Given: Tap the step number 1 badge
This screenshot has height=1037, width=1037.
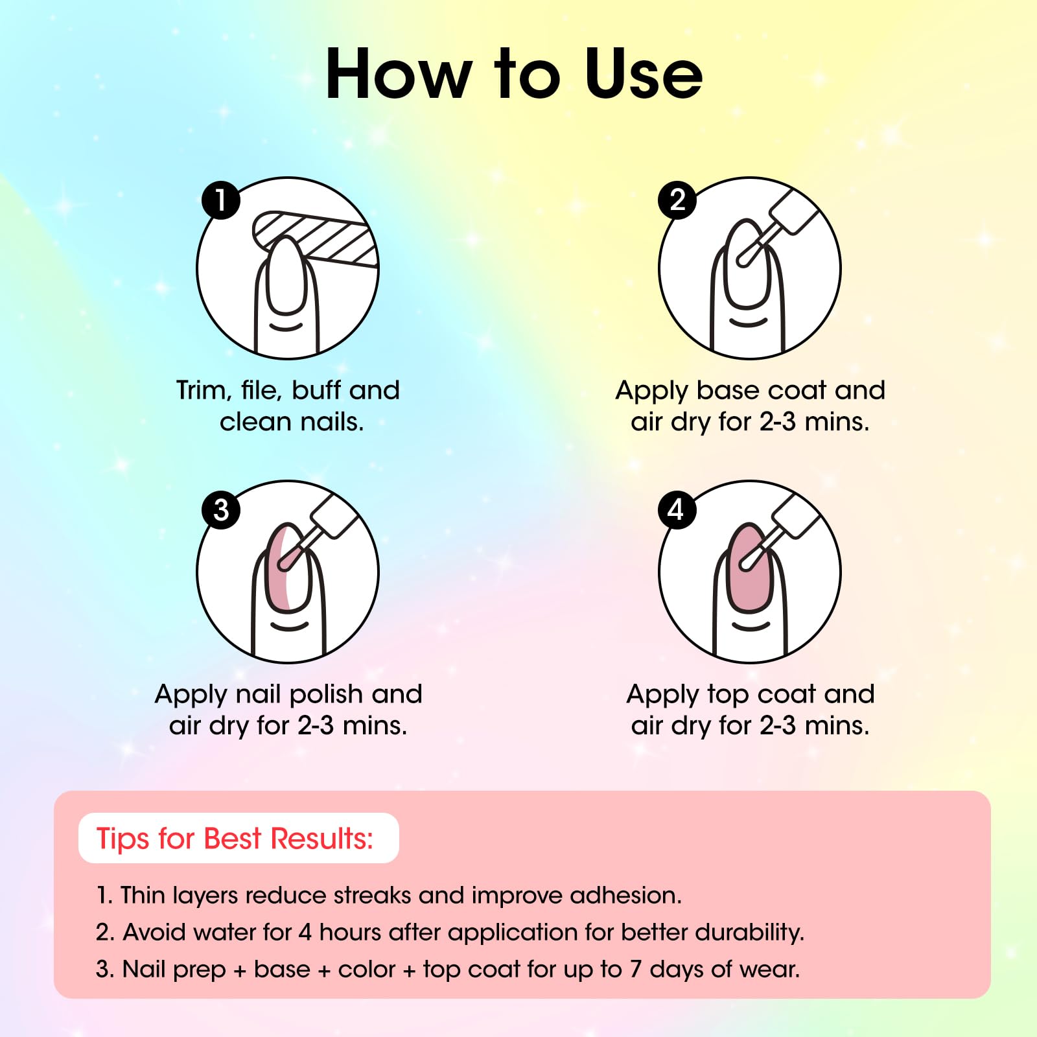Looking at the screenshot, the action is click(221, 200).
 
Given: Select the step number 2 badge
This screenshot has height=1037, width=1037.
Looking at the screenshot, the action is click(677, 200).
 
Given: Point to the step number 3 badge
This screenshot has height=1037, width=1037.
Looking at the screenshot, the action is click(221, 509).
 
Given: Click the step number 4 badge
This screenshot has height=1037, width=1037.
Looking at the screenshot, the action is click(677, 509).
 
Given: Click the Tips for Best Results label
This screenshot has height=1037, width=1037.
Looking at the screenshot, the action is click(235, 838).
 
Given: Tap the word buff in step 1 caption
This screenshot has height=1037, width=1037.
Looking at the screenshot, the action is click(317, 390).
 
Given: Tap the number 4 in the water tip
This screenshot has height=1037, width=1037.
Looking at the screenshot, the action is click(305, 932).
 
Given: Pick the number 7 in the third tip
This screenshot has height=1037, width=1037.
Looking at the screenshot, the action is click(636, 969).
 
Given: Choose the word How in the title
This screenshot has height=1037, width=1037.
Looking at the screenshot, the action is click(398, 75).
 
